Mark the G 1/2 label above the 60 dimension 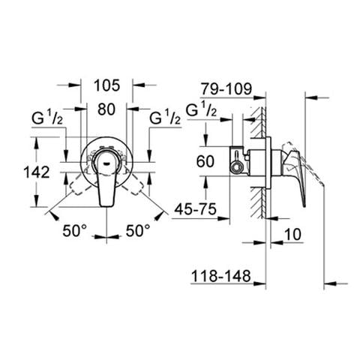202,110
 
